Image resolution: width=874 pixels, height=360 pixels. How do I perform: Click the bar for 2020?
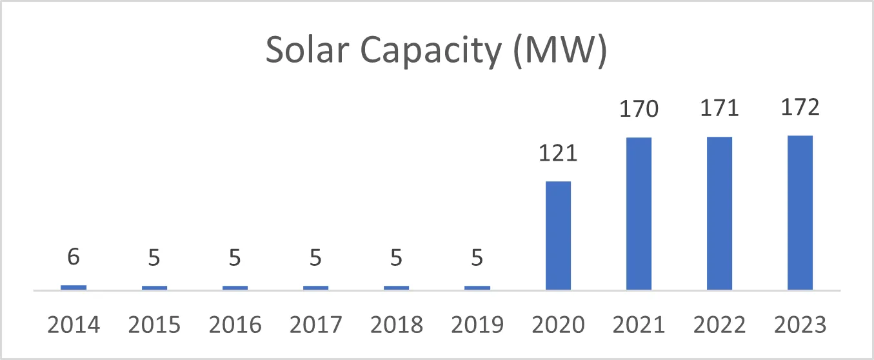pyautogui.click(x=558, y=235)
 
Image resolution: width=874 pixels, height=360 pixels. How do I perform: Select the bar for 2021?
pyautogui.click(x=639, y=214)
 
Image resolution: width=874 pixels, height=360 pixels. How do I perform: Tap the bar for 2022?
pyautogui.click(x=719, y=213)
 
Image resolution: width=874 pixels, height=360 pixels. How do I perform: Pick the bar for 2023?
pyautogui.click(x=800, y=212)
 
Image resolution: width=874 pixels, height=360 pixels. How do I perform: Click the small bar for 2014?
pyautogui.click(x=74, y=287)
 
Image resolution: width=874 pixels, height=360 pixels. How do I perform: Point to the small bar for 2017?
pyautogui.click(x=315, y=288)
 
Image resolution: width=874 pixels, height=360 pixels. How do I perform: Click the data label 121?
pyautogui.click(x=558, y=154)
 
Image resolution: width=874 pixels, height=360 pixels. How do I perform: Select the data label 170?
pyautogui.click(x=639, y=109)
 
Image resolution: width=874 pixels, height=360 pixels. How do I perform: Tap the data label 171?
pyautogui.click(x=719, y=108)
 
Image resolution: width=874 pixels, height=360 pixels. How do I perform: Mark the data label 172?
pyautogui.click(x=800, y=107)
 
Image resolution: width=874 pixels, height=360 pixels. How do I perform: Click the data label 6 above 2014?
pyautogui.click(x=74, y=257)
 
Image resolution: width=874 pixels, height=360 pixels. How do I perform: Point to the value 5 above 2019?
pyautogui.click(x=477, y=258)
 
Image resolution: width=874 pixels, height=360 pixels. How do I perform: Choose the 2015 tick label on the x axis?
pyautogui.click(x=154, y=325)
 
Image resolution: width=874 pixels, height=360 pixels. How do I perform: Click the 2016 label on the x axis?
pyautogui.click(x=235, y=325)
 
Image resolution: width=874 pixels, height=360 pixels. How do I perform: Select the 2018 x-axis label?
pyautogui.click(x=396, y=325)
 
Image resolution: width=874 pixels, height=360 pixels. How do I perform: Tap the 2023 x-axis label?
pyautogui.click(x=800, y=325)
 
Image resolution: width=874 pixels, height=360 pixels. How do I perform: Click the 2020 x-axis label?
pyautogui.click(x=558, y=325)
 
